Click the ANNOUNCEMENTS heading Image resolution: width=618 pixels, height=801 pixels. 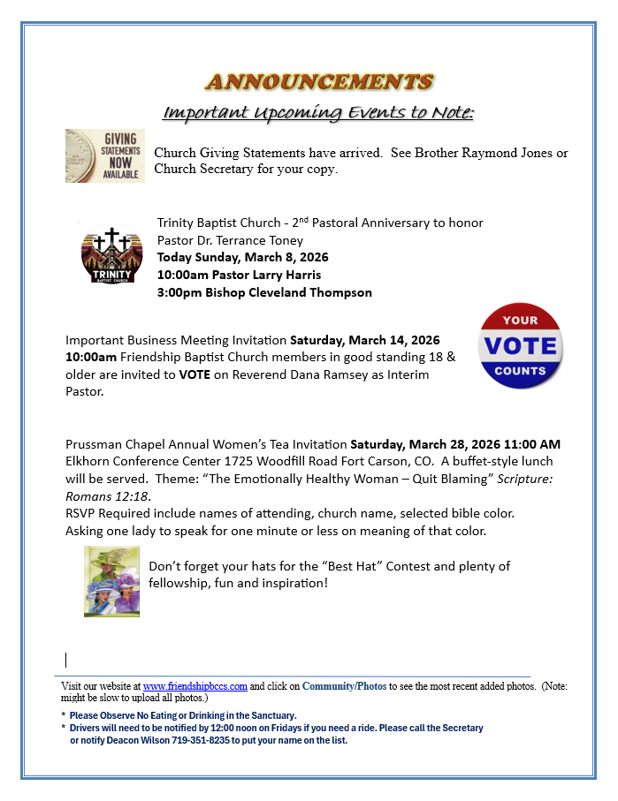[319, 82]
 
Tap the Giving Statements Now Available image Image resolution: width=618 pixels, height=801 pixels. [104, 155]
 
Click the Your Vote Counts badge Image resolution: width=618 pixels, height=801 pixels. [520, 347]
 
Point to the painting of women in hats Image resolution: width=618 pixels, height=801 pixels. [111, 580]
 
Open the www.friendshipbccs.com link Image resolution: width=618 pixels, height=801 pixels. [195, 686]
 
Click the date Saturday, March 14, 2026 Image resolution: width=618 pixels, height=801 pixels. [365, 340]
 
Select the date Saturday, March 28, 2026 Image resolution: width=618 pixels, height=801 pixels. [425, 444]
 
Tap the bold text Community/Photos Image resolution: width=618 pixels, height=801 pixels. [344, 686]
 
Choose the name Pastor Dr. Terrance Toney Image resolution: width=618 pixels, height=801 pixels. [230, 240]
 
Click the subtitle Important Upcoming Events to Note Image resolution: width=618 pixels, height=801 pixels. [319, 113]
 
